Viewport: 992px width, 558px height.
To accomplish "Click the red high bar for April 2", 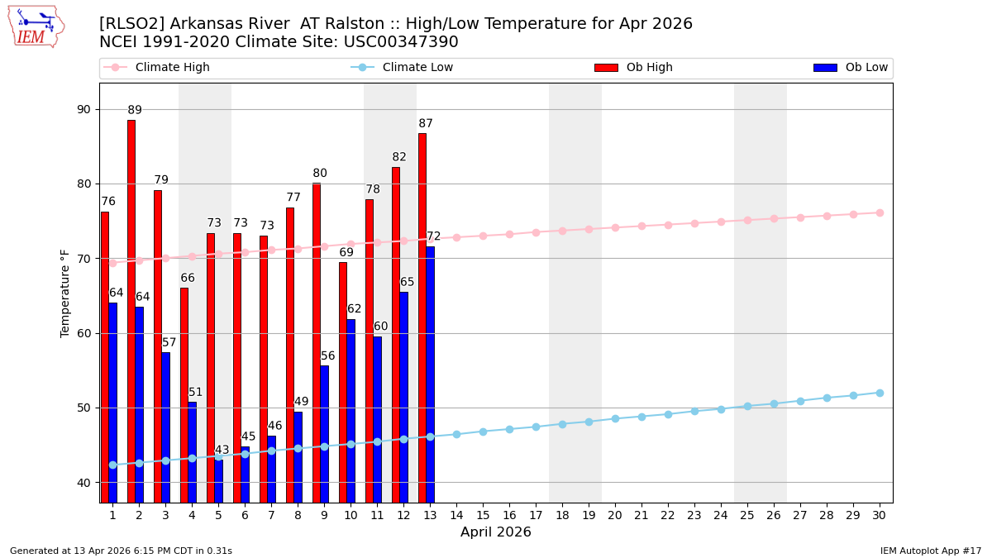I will [x=131, y=311].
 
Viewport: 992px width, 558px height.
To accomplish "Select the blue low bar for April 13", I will [x=430, y=374].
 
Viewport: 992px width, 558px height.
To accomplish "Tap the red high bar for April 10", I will [x=342, y=382].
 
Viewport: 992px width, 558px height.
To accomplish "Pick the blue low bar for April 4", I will [x=192, y=452].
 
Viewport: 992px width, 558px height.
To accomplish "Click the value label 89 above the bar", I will [x=135, y=110].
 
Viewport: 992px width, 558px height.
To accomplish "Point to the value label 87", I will [x=426, y=124].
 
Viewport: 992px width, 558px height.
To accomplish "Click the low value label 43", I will [x=222, y=451].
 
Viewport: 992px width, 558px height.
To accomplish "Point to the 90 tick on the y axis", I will [x=83, y=109].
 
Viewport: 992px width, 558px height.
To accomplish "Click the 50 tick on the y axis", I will [x=83, y=408].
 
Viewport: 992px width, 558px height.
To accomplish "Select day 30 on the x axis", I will [x=879, y=515].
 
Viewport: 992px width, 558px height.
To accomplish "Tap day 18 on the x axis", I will [x=562, y=515].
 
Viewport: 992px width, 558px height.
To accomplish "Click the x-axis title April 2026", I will [x=496, y=532].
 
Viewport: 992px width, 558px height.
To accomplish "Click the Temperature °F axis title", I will [x=66, y=293].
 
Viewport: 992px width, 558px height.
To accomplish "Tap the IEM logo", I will [x=36, y=26].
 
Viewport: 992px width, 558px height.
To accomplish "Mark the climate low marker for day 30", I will [x=880, y=393].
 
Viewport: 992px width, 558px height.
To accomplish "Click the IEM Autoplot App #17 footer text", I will [x=930, y=551].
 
